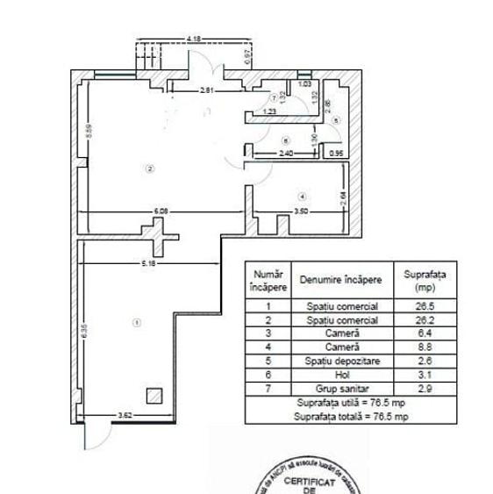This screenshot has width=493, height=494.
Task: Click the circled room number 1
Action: pyautogui.click(x=136, y=323)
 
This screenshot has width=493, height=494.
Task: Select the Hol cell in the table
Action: pyautogui.click(x=341, y=375)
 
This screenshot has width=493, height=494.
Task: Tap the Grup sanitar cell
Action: pyautogui.click(x=341, y=389)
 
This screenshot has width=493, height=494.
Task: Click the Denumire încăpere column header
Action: pyautogui.click(x=341, y=281)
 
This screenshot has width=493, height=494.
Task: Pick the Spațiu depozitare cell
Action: pyautogui.click(x=341, y=362)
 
